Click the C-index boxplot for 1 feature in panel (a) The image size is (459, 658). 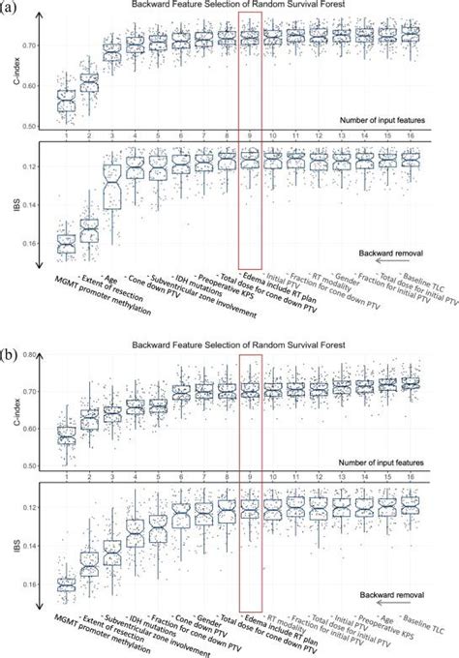click(66, 101)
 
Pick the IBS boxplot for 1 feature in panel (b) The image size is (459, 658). click(66, 583)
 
